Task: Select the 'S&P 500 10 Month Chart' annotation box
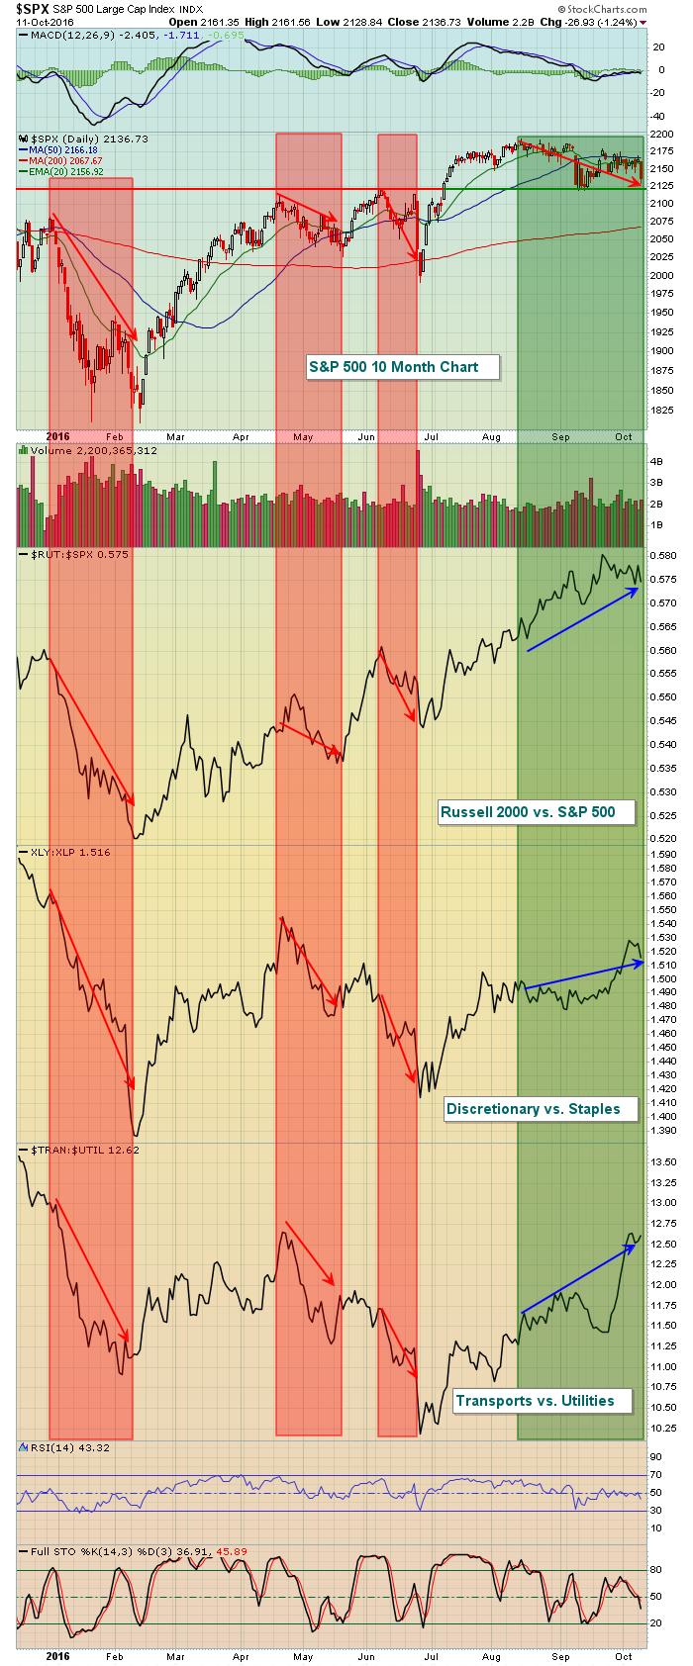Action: (x=393, y=367)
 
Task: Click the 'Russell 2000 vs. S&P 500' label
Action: (x=528, y=812)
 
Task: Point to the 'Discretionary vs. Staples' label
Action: (x=533, y=1109)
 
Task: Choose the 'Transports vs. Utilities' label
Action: (x=535, y=1401)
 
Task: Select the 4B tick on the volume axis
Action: (x=655, y=462)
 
